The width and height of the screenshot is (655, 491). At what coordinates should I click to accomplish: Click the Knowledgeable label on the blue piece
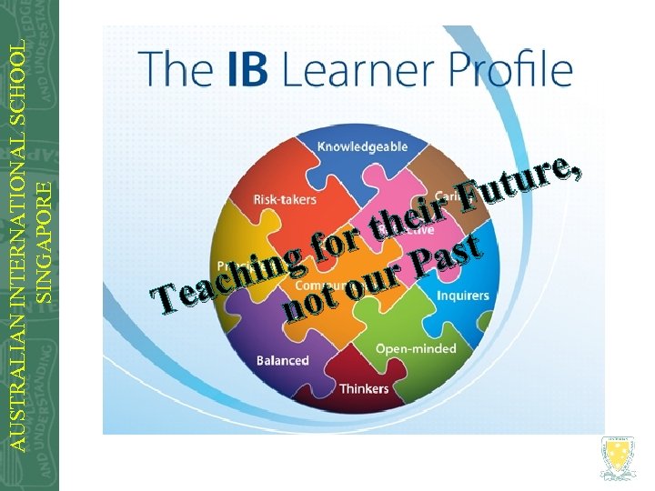click(362, 146)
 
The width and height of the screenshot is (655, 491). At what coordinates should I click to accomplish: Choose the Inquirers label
click(462, 296)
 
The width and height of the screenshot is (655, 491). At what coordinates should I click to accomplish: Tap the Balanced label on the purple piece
click(282, 360)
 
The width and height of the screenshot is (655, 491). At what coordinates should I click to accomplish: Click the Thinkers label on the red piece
click(364, 389)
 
